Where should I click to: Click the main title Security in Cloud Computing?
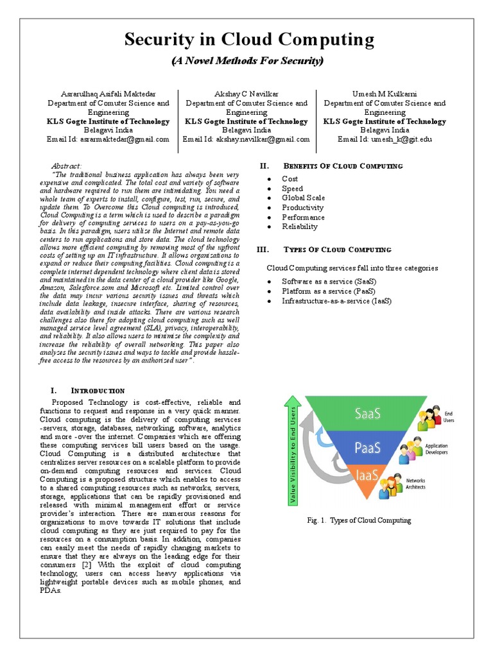[248, 40]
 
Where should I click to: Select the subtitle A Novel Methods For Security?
[248, 62]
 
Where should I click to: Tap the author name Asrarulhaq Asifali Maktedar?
[108, 94]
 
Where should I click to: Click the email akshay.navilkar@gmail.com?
[246, 139]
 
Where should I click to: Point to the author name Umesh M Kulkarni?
[385, 94]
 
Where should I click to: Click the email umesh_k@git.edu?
[385, 139]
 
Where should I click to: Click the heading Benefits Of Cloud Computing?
[343, 166]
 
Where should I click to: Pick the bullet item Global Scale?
[304, 198]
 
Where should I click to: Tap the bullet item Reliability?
[300, 226]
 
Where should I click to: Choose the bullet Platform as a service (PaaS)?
[328, 291]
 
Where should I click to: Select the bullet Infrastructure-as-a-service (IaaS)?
[335, 301]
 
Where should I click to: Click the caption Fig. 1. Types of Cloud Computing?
[359, 520]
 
